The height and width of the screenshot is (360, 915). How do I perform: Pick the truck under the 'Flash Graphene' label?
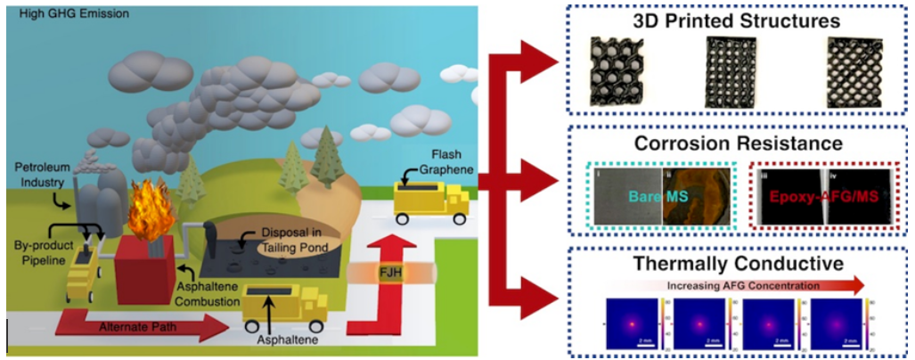pyautogui.click(x=431, y=201)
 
